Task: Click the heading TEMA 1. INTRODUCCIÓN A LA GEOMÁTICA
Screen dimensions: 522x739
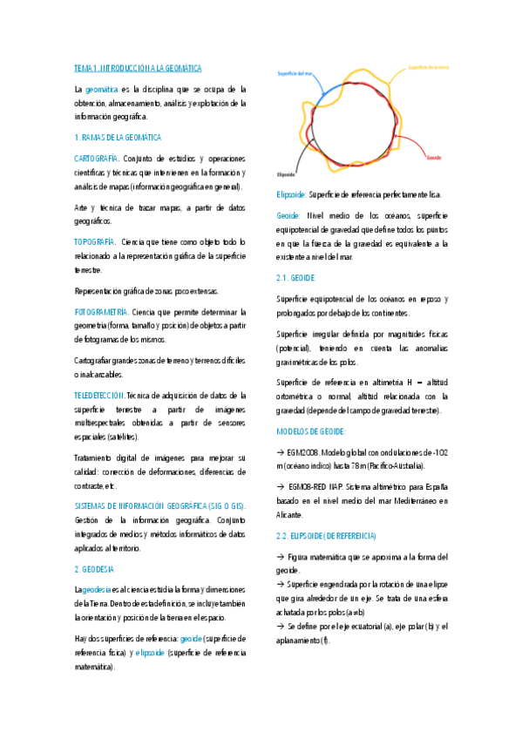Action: (138, 67)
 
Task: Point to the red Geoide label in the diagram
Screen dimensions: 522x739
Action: (434, 158)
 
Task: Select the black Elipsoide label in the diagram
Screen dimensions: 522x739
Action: (286, 173)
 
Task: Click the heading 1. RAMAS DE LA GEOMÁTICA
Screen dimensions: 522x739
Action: (118, 138)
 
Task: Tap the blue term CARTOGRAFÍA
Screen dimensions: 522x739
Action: (96, 159)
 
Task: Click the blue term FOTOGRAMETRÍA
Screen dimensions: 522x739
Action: (101, 311)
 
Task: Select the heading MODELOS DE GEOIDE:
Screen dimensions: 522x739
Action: (311, 431)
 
